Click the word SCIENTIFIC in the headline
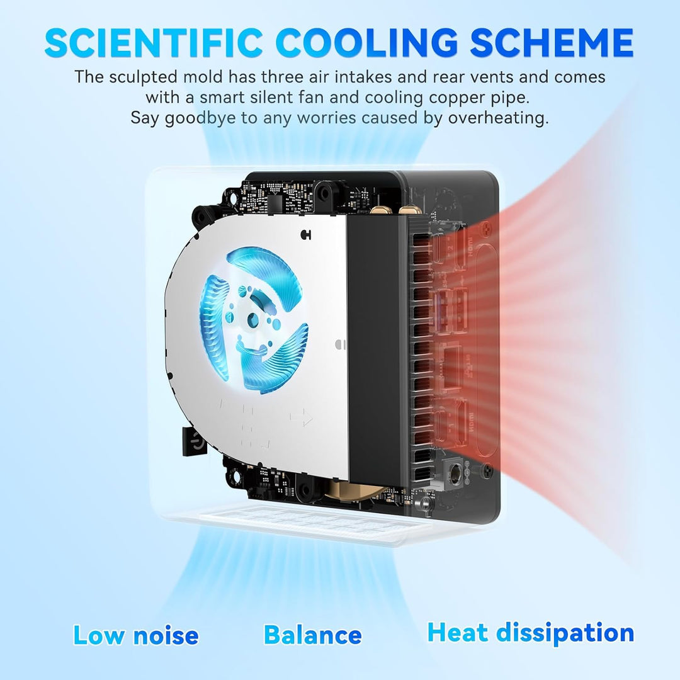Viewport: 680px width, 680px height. click(153, 42)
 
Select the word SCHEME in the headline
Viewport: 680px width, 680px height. click(552, 42)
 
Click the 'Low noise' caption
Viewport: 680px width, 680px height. click(136, 635)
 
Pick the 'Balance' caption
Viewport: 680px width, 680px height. click(313, 635)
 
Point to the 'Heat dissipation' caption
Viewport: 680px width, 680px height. click(530, 633)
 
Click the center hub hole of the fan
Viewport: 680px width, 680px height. click(252, 320)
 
